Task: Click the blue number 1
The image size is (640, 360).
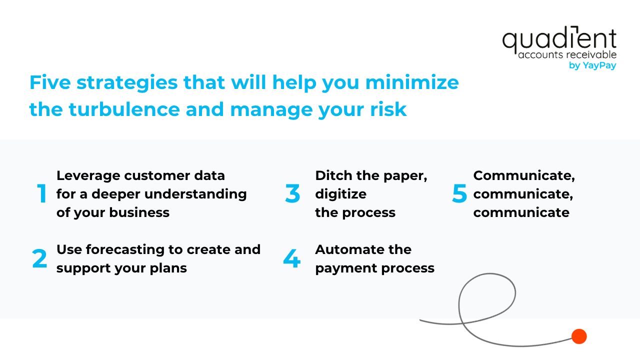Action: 42,193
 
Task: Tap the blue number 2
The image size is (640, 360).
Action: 39,258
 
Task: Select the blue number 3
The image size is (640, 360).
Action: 292,193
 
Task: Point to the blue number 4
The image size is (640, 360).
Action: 291,258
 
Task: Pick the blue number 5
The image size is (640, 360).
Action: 459,193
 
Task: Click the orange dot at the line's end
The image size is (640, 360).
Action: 579,336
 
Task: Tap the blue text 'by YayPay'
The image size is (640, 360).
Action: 592,65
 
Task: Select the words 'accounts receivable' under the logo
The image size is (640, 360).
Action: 567,54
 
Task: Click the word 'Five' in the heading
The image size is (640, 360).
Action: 50,82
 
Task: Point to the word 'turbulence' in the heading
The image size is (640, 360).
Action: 124,109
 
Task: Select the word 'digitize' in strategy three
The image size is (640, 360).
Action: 340,194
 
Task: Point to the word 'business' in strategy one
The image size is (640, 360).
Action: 139,212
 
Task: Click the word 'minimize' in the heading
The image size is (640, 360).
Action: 412,82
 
